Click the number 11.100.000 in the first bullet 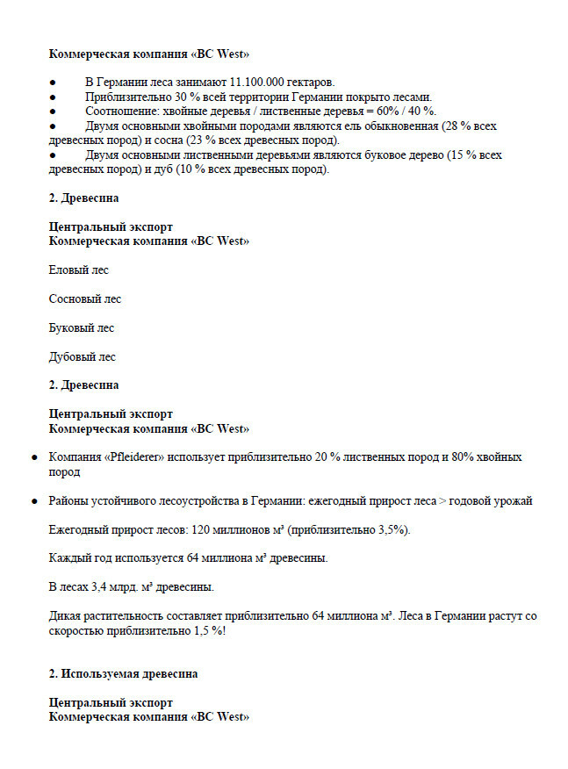coord(263,82)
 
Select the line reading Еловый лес coord(79,270)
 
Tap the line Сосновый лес coord(85,298)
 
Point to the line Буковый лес coord(83,327)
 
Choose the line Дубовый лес coord(83,356)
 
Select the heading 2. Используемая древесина coord(124,673)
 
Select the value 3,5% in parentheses coord(387,530)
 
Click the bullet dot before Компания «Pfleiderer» coord(34,457)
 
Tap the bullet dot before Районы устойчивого coord(34,501)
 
